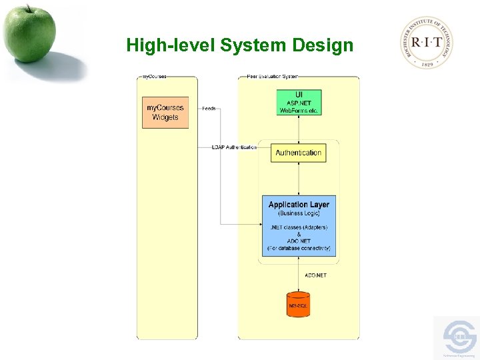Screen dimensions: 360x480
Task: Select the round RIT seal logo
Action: [x=427, y=42]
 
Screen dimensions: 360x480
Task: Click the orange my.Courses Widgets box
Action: [x=165, y=112]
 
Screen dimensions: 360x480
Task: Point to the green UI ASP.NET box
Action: [x=299, y=103]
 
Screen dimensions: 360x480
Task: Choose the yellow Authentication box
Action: [x=298, y=153]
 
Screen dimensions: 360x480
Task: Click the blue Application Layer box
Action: [x=298, y=225]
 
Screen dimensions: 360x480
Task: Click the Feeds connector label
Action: [x=209, y=108]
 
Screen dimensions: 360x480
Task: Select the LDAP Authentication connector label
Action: [x=234, y=147]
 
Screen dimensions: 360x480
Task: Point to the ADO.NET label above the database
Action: [x=315, y=275]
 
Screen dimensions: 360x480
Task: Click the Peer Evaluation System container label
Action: [x=272, y=77]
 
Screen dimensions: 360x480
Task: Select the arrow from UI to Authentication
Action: [x=299, y=128]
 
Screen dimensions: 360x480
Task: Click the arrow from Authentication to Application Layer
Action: [x=299, y=177]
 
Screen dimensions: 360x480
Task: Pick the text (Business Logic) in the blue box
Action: [x=298, y=213]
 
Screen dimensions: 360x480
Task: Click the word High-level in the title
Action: [x=171, y=45]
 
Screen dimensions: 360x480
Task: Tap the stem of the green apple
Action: [x=29, y=8]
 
